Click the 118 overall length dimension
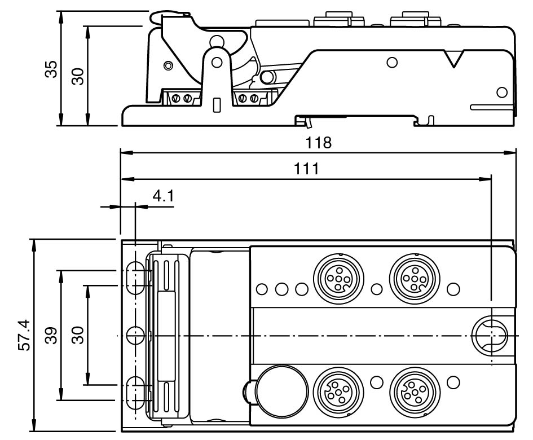[319, 142]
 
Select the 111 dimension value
[306, 169]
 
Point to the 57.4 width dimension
[24, 335]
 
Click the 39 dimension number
[51, 335]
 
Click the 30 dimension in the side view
[78, 76]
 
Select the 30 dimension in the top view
[78, 335]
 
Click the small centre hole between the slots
[135, 335]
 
